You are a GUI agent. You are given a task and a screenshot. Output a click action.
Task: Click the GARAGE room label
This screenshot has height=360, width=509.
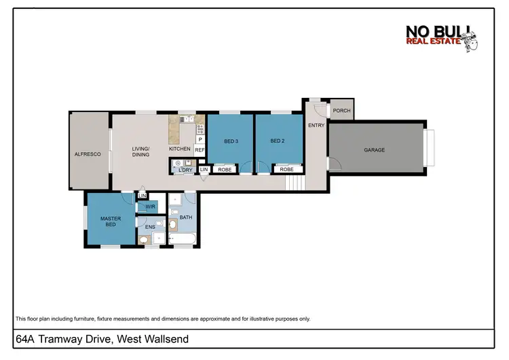(375, 150)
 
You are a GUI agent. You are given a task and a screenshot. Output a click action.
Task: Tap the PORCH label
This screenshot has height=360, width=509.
(341, 111)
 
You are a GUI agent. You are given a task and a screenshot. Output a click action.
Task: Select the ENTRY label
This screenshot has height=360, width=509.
(316, 125)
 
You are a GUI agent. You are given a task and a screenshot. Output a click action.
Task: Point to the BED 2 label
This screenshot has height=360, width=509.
(277, 141)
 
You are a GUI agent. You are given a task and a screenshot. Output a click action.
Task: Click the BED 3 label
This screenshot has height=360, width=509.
(231, 141)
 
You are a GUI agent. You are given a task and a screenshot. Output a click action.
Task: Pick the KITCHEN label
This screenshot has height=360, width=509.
(180, 149)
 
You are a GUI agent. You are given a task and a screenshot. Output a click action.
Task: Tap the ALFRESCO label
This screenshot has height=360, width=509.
(88, 154)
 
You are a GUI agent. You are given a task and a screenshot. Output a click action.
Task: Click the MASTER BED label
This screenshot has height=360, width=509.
(111, 221)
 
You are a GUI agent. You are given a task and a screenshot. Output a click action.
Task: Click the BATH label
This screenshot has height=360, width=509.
(185, 217)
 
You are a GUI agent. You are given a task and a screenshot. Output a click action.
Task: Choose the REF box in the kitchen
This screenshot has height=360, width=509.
(200, 150)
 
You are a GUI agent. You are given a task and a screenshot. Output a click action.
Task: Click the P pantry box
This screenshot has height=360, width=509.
(200, 139)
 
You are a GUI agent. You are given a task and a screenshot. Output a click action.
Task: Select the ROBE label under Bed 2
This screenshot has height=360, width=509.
(286, 169)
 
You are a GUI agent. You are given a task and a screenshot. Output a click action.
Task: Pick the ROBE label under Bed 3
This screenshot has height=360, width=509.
(225, 169)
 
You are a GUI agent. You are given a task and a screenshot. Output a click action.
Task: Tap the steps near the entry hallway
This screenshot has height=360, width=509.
(293, 182)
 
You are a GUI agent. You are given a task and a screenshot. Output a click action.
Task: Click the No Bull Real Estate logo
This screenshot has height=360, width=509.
(442, 39)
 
